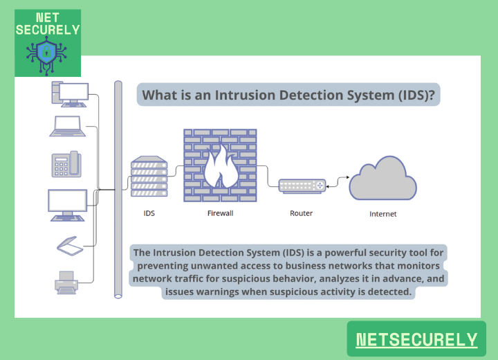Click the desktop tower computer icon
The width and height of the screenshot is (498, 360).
[68, 94]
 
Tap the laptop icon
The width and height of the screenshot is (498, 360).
[67, 127]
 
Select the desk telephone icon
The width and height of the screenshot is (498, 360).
[66, 164]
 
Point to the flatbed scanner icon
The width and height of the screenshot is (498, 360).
[68, 246]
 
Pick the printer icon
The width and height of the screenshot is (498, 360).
[66, 282]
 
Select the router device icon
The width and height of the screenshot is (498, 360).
[302, 186]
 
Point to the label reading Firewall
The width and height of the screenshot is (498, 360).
[220, 213]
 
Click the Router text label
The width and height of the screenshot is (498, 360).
[301, 213]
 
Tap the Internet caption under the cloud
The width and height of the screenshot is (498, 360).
[382, 215]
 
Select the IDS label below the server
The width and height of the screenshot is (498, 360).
[149, 213]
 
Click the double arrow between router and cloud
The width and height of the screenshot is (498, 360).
[337, 181]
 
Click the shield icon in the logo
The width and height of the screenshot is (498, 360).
[46, 53]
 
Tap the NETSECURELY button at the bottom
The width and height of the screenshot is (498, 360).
[416, 339]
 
